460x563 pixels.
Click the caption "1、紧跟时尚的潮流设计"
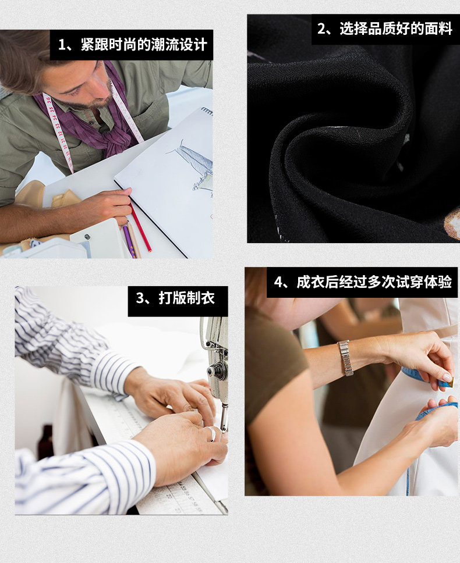tap(133, 45)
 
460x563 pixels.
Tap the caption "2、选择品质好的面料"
tap(384, 28)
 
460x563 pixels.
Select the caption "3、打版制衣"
tap(175, 298)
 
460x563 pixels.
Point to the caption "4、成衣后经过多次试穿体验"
tap(362, 282)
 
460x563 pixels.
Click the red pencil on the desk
tap(140, 228)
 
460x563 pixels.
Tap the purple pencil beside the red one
tap(129, 241)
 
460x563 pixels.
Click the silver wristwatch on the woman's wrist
tap(346, 358)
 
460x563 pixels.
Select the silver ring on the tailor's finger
tap(212, 433)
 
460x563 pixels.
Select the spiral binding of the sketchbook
tap(207, 111)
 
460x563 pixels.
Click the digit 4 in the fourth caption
tap(278, 282)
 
